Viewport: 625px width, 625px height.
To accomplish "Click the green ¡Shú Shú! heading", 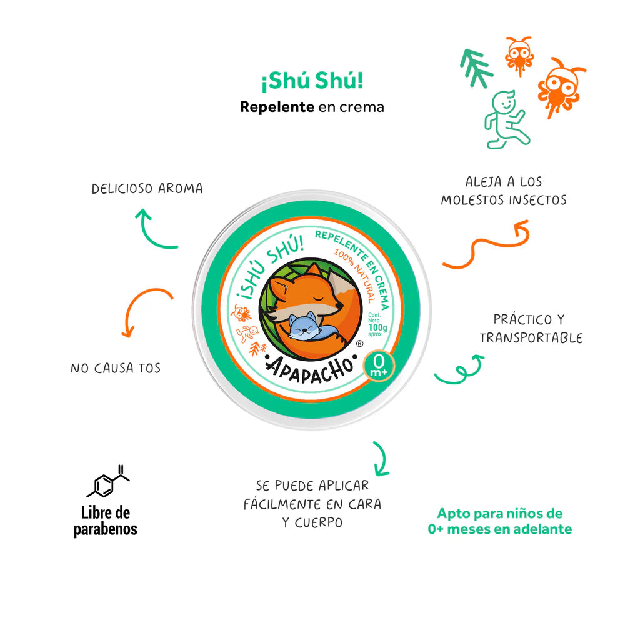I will (312, 81).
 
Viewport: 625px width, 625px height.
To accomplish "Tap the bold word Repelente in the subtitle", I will (277, 107).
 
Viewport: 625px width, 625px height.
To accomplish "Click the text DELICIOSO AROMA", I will (147, 188).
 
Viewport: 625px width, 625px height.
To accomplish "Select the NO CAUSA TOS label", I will (116, 368).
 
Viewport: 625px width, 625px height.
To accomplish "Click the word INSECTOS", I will (537, 201).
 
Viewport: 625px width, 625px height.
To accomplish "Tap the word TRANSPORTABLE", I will (531, 338).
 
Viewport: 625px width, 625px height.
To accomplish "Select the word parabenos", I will (106, 529).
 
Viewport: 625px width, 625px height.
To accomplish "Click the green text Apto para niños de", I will (499, 514).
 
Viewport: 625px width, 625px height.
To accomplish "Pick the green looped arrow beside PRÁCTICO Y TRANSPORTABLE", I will (459, 371).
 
